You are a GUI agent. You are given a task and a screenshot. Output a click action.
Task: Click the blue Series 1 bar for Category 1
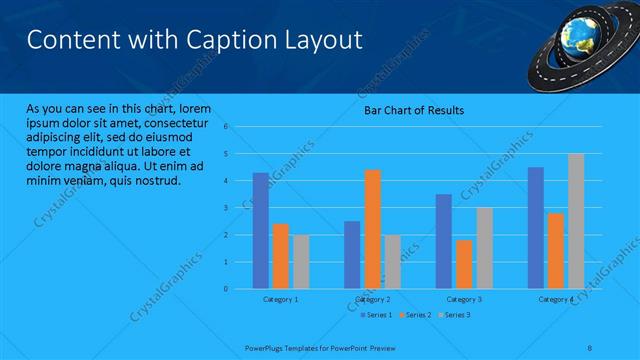point(260,230)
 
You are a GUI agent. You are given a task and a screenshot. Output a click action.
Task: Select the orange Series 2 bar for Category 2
point(372,228)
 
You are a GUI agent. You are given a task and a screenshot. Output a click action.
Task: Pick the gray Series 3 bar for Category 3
point(484,247)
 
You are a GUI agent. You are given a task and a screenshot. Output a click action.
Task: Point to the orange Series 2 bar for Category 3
point(464,264)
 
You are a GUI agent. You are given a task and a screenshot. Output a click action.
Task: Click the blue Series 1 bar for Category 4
point(536,227)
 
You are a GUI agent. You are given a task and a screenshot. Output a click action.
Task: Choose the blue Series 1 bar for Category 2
point(352,254)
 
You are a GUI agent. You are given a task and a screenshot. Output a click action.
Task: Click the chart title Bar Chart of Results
point(413,110)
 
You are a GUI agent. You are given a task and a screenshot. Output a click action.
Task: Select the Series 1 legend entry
point(376,315)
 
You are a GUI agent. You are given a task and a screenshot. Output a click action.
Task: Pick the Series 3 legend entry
point(455,315)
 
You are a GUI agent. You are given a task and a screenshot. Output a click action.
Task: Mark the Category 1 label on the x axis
point(281,299)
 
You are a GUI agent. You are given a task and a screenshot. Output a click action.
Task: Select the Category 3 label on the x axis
point(464,299)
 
